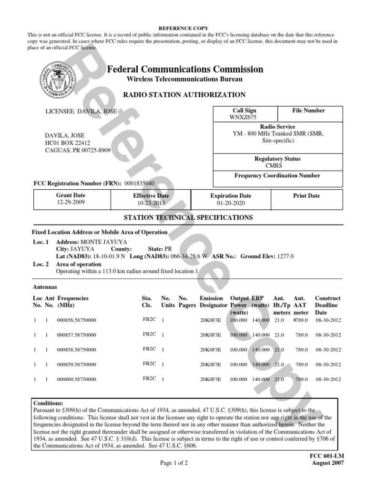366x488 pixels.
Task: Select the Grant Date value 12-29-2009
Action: (71, 203)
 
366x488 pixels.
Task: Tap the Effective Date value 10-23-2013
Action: (151, 203)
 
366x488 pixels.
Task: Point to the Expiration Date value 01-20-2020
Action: (231, 203)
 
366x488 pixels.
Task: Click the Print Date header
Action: (306, 196)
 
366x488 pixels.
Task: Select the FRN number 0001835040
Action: (139, 183)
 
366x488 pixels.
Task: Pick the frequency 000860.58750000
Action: (76, 380)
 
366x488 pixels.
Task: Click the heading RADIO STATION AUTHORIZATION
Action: (184, 95)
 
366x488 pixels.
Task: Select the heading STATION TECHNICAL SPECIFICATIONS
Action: (188, 217)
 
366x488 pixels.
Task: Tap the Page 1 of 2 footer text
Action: (174, 463)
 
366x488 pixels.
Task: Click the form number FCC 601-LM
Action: (327, 456)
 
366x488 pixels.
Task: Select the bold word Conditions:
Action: (48, 403)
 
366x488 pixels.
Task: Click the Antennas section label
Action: (45, 287)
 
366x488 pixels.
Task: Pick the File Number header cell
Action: (308, 111)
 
